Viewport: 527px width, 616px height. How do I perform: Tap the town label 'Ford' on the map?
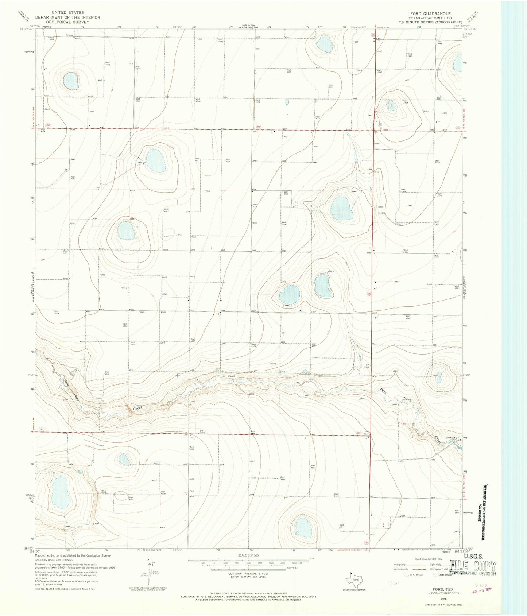371,115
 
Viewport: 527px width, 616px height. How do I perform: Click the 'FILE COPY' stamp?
473,566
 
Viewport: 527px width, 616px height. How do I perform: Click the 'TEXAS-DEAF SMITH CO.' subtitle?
430,18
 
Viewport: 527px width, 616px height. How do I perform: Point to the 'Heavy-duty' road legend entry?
401,565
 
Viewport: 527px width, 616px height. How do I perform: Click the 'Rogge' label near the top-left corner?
70,35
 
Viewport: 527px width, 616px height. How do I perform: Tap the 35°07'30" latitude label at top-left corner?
27,29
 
